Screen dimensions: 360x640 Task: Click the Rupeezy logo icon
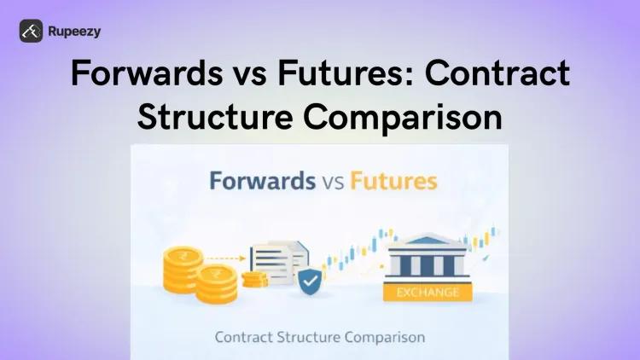click(32, 32)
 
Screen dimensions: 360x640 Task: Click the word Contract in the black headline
click(499, 74)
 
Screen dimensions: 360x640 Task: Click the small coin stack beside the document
click(254, 279)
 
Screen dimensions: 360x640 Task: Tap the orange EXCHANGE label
click(428, 292)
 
